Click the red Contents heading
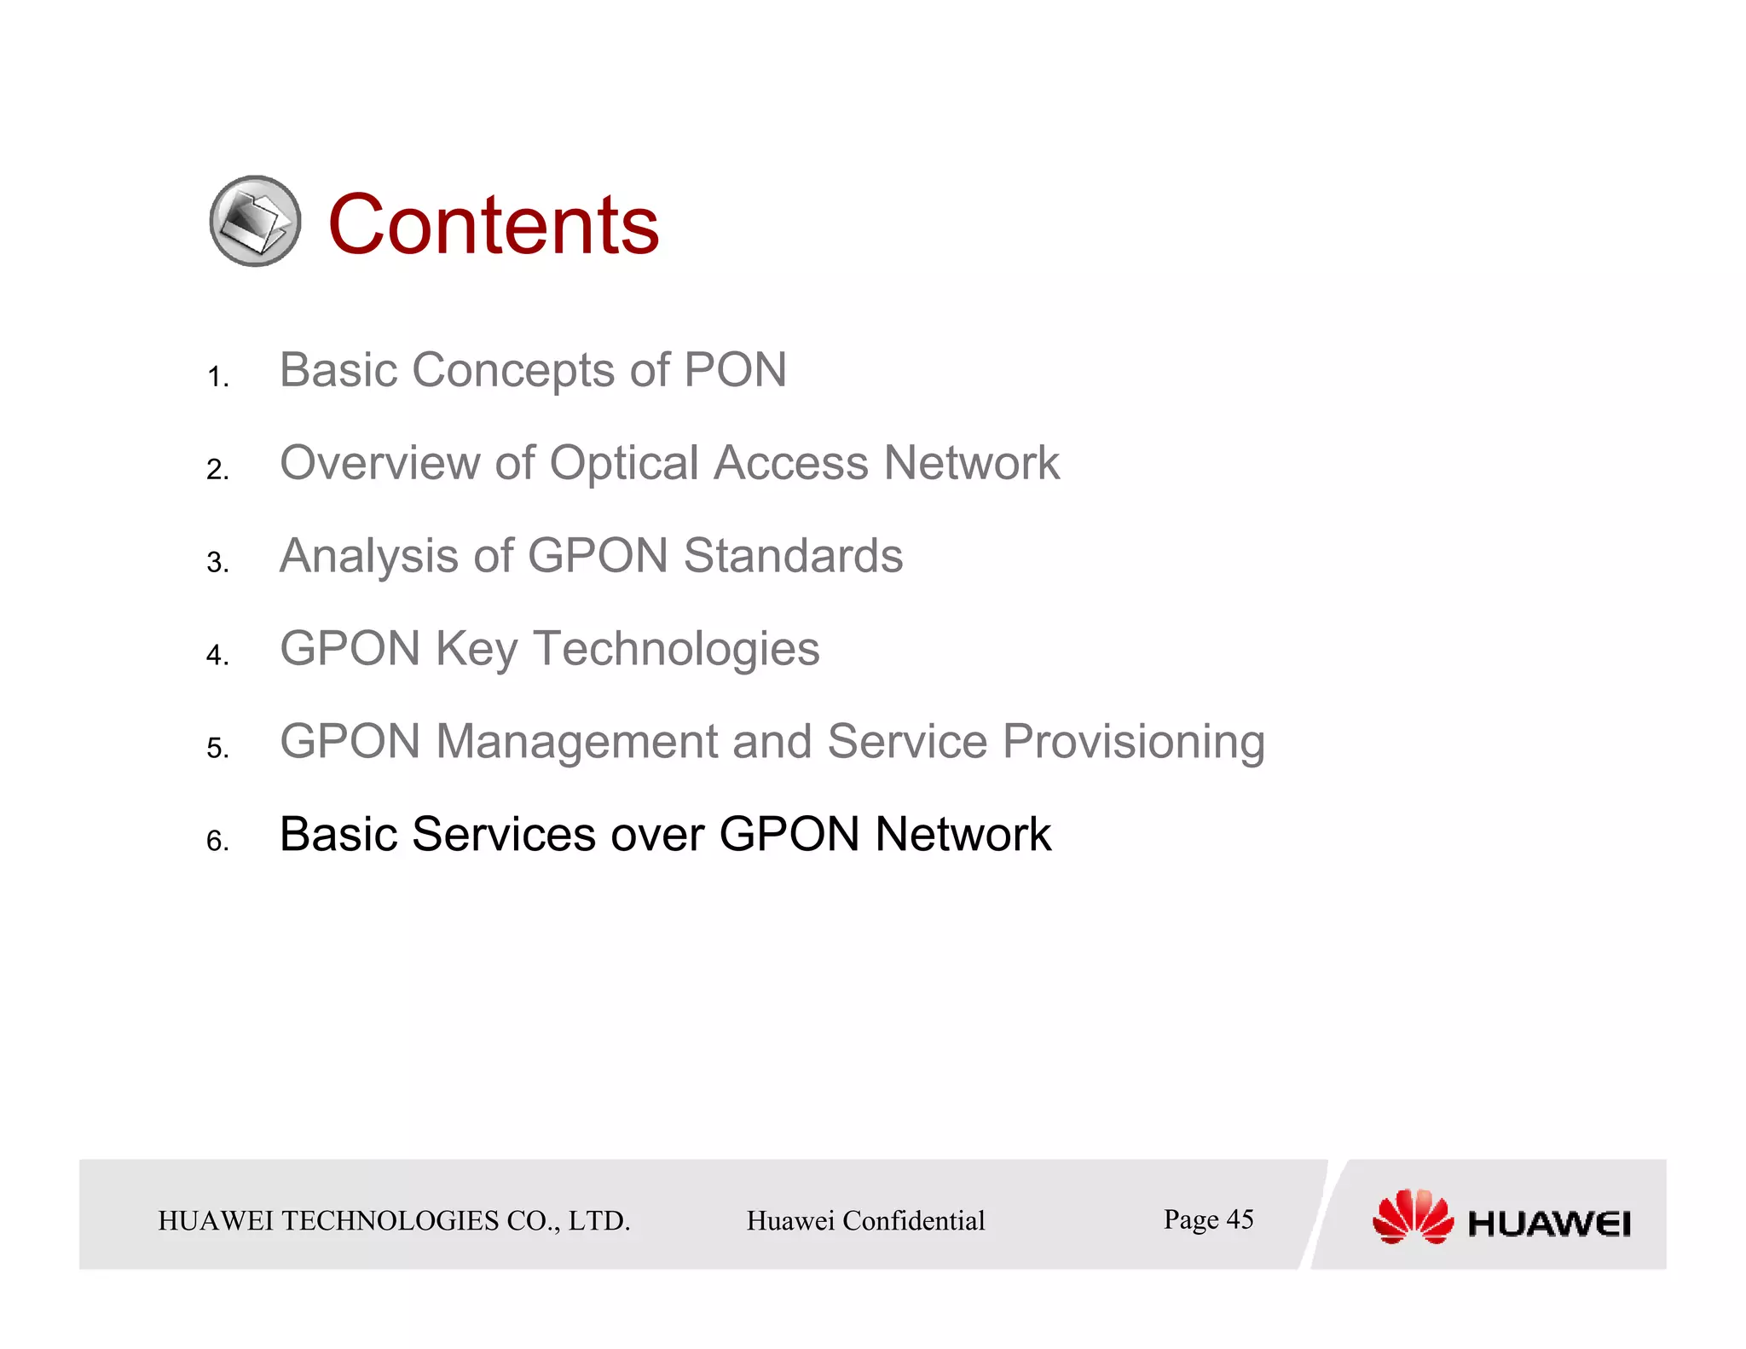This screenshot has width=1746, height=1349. click(493, 225)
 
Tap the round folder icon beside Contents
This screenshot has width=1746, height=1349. click(255, 221)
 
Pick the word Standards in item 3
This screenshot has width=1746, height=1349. click(793, 556)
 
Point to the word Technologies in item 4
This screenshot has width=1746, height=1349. click(676, 649)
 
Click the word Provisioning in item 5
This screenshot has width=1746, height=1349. click(1133, 742)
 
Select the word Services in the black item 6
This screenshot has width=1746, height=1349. click(504, 835)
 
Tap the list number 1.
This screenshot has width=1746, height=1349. click(217, 377)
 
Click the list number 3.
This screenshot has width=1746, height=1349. click(217, 563)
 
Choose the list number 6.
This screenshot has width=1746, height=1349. click(217, 842)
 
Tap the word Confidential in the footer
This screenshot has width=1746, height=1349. click(913, 1221)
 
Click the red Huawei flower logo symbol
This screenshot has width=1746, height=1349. click(1413, 1217)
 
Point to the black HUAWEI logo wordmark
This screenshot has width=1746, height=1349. click(1549, 1225)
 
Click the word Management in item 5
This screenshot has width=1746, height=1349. click(576, 742)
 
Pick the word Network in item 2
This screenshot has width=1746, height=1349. click(971, 464)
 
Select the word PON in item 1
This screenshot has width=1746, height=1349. click(735, 371)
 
